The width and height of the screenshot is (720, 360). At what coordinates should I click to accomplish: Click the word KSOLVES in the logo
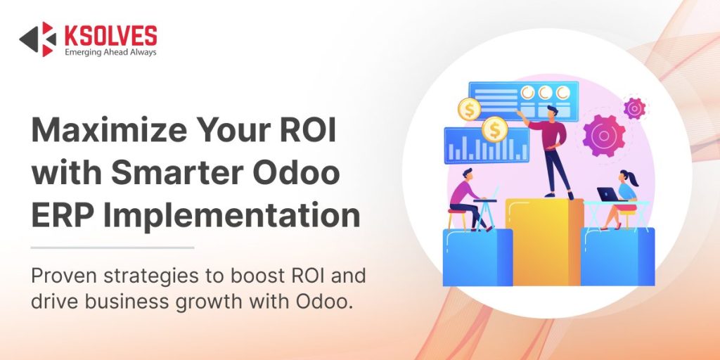pyautogui.click(x=110, y=34)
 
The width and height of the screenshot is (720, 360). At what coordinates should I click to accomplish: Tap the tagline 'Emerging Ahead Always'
pyautogui.click(x=110, y=53)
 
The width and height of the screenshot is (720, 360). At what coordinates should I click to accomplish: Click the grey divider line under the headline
pyautogui.click(x=112, y=247)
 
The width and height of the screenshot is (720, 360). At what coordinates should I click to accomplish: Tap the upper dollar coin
pyautogui.click(x=469, y=109)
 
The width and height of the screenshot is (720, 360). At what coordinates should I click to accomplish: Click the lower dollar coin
pyautogui.click(x=495, y=129)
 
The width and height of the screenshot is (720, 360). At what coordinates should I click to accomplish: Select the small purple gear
pyautogui.click(x=635, y=108)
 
